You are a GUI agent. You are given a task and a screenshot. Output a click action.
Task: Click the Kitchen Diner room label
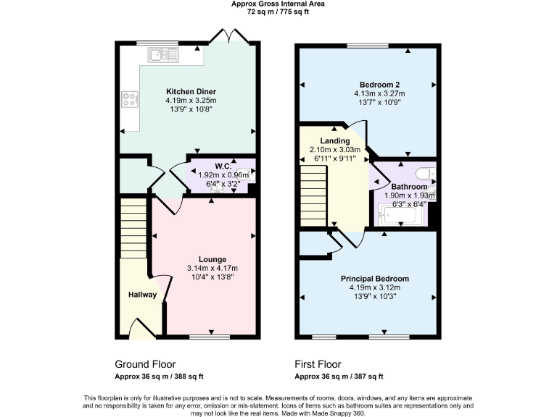[190, 91]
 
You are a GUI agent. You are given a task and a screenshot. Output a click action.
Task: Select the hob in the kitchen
[131, 99]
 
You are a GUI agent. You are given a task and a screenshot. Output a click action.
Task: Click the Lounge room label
[213, 259]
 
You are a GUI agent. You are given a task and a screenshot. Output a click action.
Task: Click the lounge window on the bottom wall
[204, 337]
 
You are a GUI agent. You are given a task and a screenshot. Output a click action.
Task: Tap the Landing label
[336, 140]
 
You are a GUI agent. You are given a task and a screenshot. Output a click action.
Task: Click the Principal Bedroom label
[375, 279]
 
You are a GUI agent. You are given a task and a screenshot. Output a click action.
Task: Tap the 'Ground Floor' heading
[145, 364]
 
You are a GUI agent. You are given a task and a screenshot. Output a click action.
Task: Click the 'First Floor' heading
[318, 364]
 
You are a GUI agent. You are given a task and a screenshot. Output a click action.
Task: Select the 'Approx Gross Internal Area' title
[278, 4]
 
